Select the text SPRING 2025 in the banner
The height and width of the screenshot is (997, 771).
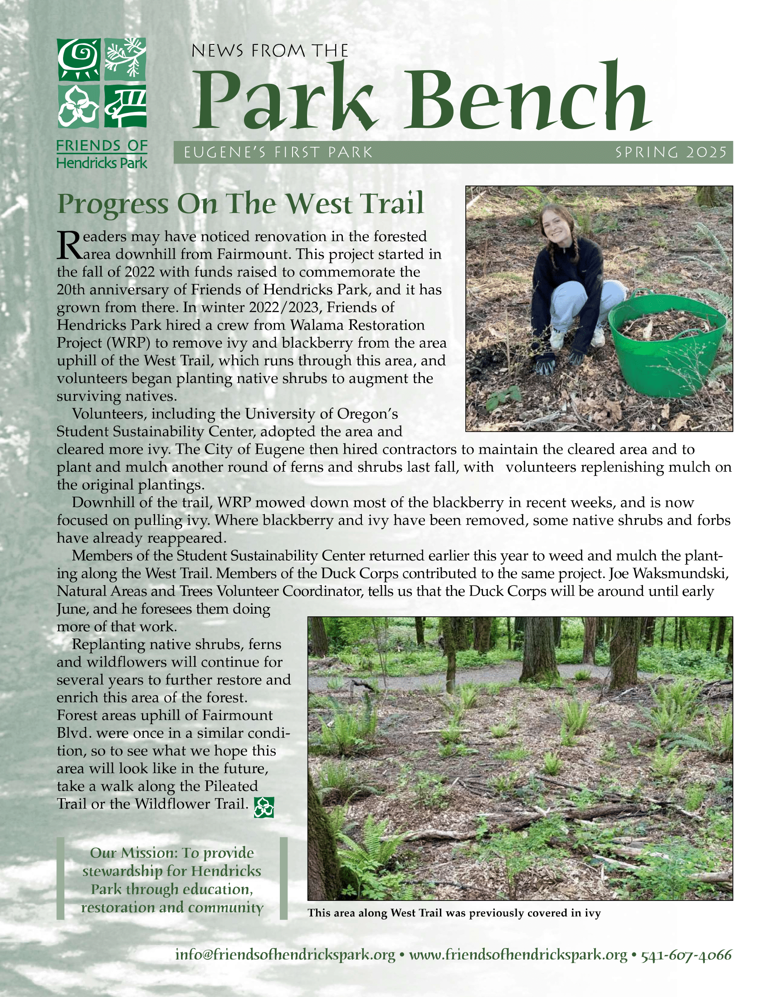(x=670, y=152)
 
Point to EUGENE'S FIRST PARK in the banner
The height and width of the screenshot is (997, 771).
(x=278, y=152)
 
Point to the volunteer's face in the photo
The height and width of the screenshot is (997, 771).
(x=557, y=225)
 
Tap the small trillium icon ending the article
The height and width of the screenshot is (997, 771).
(x=264, y=808)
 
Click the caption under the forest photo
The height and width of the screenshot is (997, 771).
(x=454, y=913)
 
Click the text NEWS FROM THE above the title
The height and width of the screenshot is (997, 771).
(x=269, y=51)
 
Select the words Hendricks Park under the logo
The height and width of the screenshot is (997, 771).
(x=102, y=163)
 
